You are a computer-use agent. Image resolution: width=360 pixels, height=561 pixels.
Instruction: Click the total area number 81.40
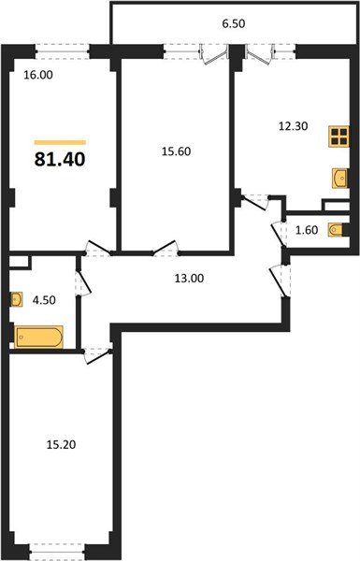pos(60,160)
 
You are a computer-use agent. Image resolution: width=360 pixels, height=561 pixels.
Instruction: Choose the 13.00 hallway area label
pos(189,277)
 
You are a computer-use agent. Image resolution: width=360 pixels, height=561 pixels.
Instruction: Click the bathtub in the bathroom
pos(39,335)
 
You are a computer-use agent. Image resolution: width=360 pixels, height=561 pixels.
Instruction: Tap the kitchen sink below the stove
pos(339,176)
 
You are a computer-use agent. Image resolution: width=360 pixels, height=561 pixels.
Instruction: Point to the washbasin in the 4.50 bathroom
pos(16,300)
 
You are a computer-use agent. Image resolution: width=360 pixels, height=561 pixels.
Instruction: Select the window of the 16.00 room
pos(64,48)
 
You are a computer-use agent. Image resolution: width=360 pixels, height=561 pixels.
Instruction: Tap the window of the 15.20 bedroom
pos(62,548)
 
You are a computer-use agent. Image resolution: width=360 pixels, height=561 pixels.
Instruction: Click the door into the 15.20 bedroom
pos(94,352)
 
